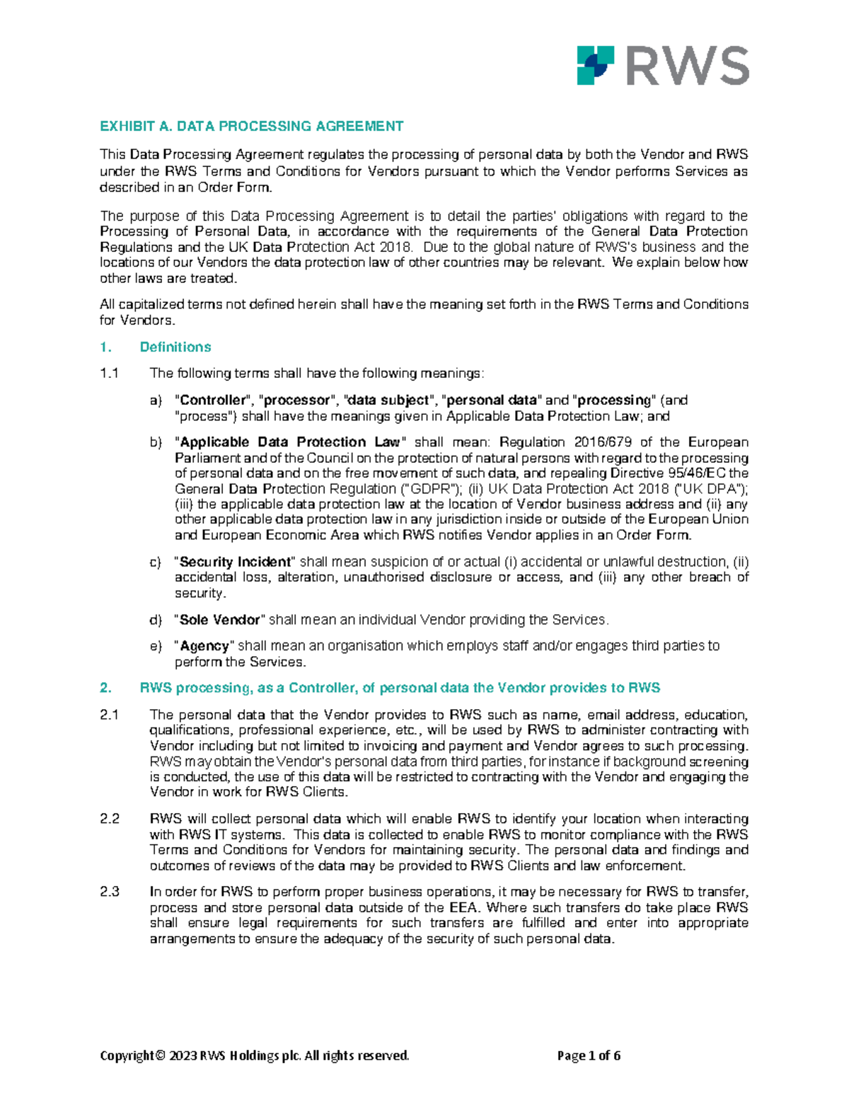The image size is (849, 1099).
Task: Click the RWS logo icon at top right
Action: click(596, 65)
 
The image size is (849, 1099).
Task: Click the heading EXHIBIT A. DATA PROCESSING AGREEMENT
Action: click(251, 127)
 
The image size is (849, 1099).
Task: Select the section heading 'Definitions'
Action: click(175, 347)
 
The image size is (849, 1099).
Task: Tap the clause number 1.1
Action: click(109, 374)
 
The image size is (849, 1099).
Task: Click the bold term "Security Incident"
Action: click(235, 562)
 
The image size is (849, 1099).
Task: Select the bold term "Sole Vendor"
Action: click(220, 620)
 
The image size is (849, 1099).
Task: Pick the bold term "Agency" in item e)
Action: click(204, 646)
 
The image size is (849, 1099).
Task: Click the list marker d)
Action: click(156, 620)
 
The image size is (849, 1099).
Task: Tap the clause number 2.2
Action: click(110, 819)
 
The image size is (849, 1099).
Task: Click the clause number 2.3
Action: click(110, 892)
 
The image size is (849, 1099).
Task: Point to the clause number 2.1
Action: click(109, 715)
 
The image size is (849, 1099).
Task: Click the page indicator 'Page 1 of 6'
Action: click(589, 1056)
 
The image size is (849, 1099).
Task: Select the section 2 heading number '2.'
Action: click(105, 688)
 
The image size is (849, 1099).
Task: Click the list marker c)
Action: click(156, 562)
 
